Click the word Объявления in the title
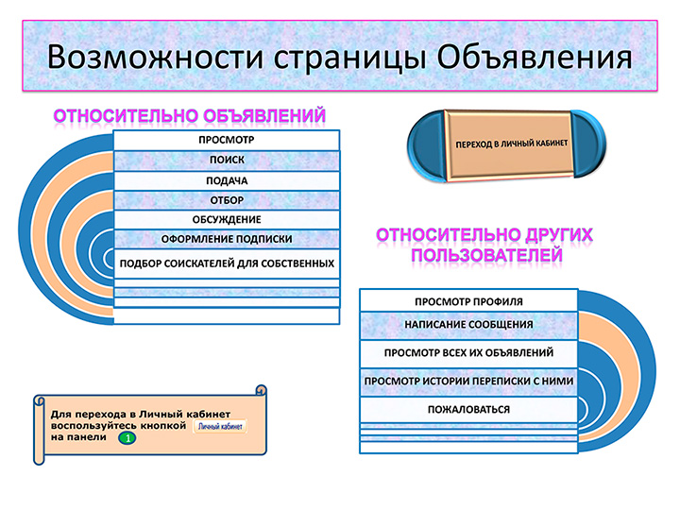click(535, 58)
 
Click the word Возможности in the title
click(155, 58)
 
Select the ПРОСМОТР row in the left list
click(227, 140)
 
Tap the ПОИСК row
click(227, 160)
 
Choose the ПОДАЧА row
click(227, 180)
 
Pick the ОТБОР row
click(227, 200)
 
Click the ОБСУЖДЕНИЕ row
click(227, 220)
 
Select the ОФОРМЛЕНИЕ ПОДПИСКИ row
click(227, 239)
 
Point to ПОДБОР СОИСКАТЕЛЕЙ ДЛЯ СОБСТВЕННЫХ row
click(227, 263)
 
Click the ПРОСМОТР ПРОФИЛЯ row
click(468, 301)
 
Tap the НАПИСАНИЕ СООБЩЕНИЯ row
click(468, 325)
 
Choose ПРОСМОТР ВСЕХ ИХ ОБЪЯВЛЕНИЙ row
click(468, 353)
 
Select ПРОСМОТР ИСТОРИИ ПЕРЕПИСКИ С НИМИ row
click(468, 382)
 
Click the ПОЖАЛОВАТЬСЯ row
click(468, 409)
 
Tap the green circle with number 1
click(127, 438)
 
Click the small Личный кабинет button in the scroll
click(220, 426)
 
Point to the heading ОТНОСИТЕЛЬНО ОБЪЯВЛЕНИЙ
click(190, 116)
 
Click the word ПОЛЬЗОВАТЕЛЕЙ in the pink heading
click(486, 255)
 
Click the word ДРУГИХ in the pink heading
click(559, 234)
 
